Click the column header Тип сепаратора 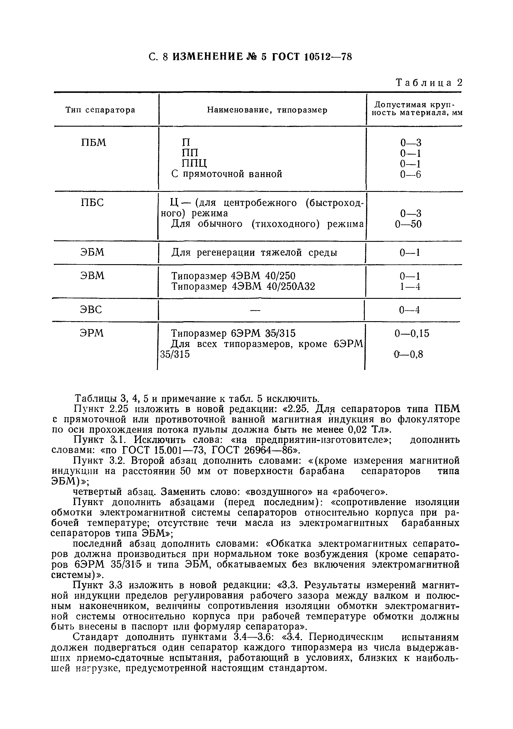tap(100, 110)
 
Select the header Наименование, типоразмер tap(267, 110)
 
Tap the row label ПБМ tap(94, 143)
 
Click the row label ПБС tap(92, 202)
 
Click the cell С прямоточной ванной tap(227, 174)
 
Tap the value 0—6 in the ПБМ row tap(410, 174)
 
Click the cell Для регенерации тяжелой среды tap(254, 253)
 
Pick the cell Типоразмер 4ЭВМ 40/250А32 tap(243, 286)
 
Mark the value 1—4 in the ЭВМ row tap(410, 287)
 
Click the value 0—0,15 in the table tap(412, 334)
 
